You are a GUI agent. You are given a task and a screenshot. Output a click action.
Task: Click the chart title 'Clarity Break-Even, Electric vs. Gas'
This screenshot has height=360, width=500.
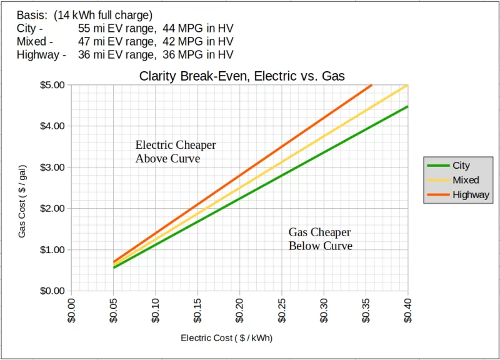(242, 76)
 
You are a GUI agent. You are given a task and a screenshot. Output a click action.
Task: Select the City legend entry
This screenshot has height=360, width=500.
(461, 166)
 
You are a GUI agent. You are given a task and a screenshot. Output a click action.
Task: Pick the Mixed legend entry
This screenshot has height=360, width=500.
(466, 180)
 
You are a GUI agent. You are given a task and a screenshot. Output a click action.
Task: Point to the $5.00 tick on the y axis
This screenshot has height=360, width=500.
(53, 85)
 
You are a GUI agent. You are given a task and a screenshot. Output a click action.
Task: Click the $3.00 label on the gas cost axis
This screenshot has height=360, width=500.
(53, 167)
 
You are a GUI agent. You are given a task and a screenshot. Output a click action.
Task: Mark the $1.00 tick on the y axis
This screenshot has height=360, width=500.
(53, 250)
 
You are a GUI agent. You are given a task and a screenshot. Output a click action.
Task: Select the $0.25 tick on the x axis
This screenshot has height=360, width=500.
(282, 309)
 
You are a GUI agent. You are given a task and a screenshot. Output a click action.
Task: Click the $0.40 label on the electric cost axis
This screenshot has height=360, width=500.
(408, 309)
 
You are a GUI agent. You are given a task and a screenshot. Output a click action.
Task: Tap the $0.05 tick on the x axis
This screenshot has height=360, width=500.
(113, 309)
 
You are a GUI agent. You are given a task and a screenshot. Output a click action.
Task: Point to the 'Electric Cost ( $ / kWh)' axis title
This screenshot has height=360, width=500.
(227, 338)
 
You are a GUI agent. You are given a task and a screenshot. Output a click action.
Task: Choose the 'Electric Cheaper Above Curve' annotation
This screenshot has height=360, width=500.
(176, 152)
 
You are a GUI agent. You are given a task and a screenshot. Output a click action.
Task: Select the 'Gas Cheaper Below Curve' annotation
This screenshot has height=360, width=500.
(320, 239)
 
